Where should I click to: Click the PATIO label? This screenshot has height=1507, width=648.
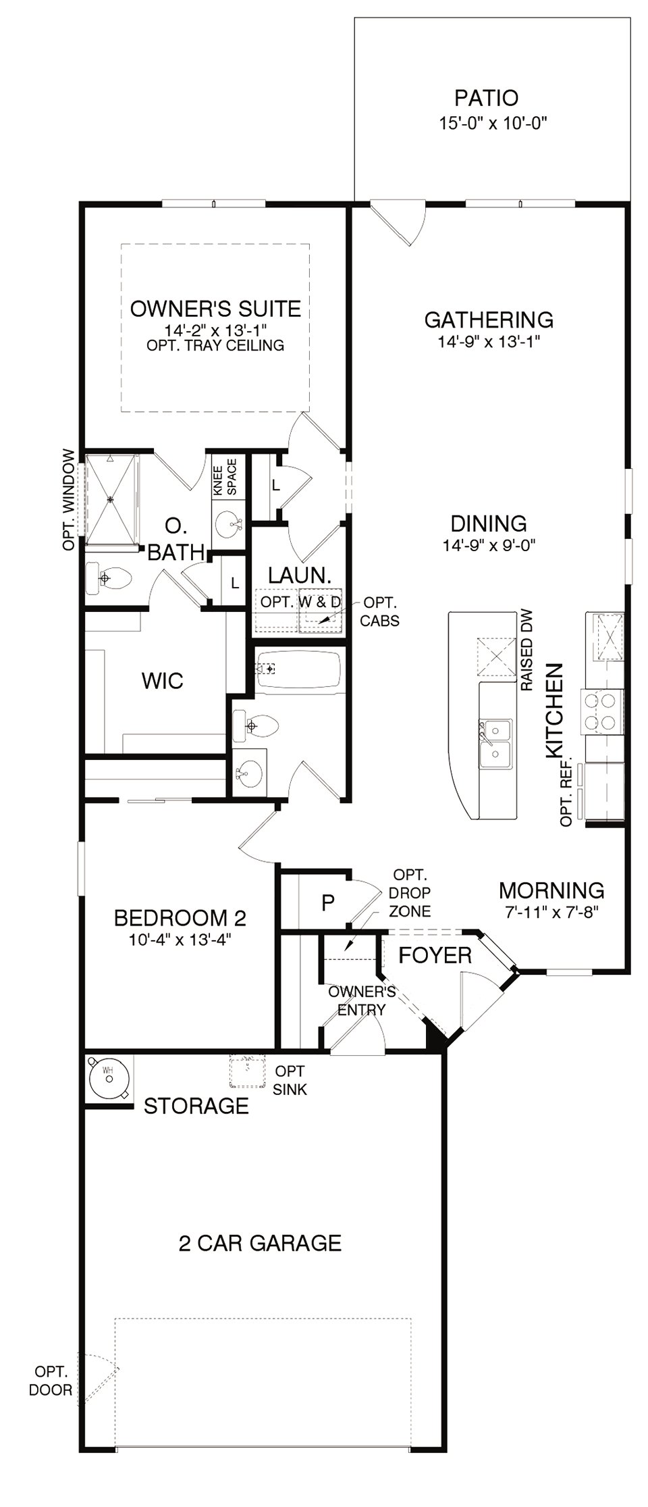[x=486, y=98]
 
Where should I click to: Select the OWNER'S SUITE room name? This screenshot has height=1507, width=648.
[x=215, y=309]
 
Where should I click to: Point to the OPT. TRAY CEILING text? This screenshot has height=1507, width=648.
[x=215, y=346]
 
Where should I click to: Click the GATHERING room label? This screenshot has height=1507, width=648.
[x=489, y=319]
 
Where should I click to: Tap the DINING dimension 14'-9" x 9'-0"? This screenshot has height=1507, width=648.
[x=489, y=545]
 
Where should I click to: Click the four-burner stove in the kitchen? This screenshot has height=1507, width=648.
[x=602, y=713]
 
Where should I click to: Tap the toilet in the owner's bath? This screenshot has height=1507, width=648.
[x=109, y=579]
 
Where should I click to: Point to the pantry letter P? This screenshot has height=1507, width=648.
[x=328, y=902]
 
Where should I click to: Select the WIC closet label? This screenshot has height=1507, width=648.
[x=162, y=680]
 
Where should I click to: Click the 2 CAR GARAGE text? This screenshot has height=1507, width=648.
[x=260, y=1243]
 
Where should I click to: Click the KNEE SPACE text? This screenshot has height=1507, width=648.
[x=225, y=478]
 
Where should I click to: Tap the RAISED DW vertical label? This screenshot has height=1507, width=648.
[x=527, y=650]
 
